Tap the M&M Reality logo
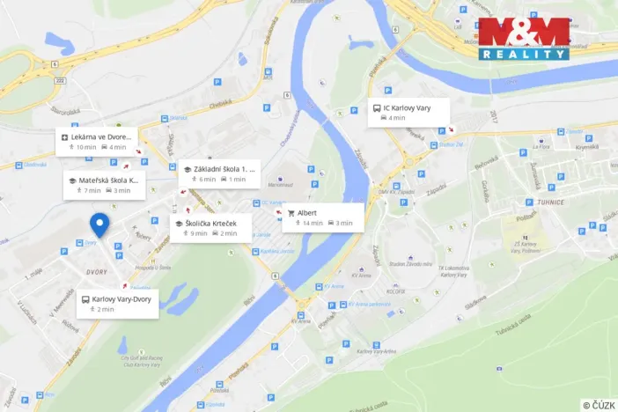coord(523,40)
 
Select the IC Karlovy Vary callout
coord(408,112)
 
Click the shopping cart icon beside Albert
coord(291,213)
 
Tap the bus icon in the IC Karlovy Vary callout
coord(377,107)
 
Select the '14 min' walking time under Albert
coord(310,224)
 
